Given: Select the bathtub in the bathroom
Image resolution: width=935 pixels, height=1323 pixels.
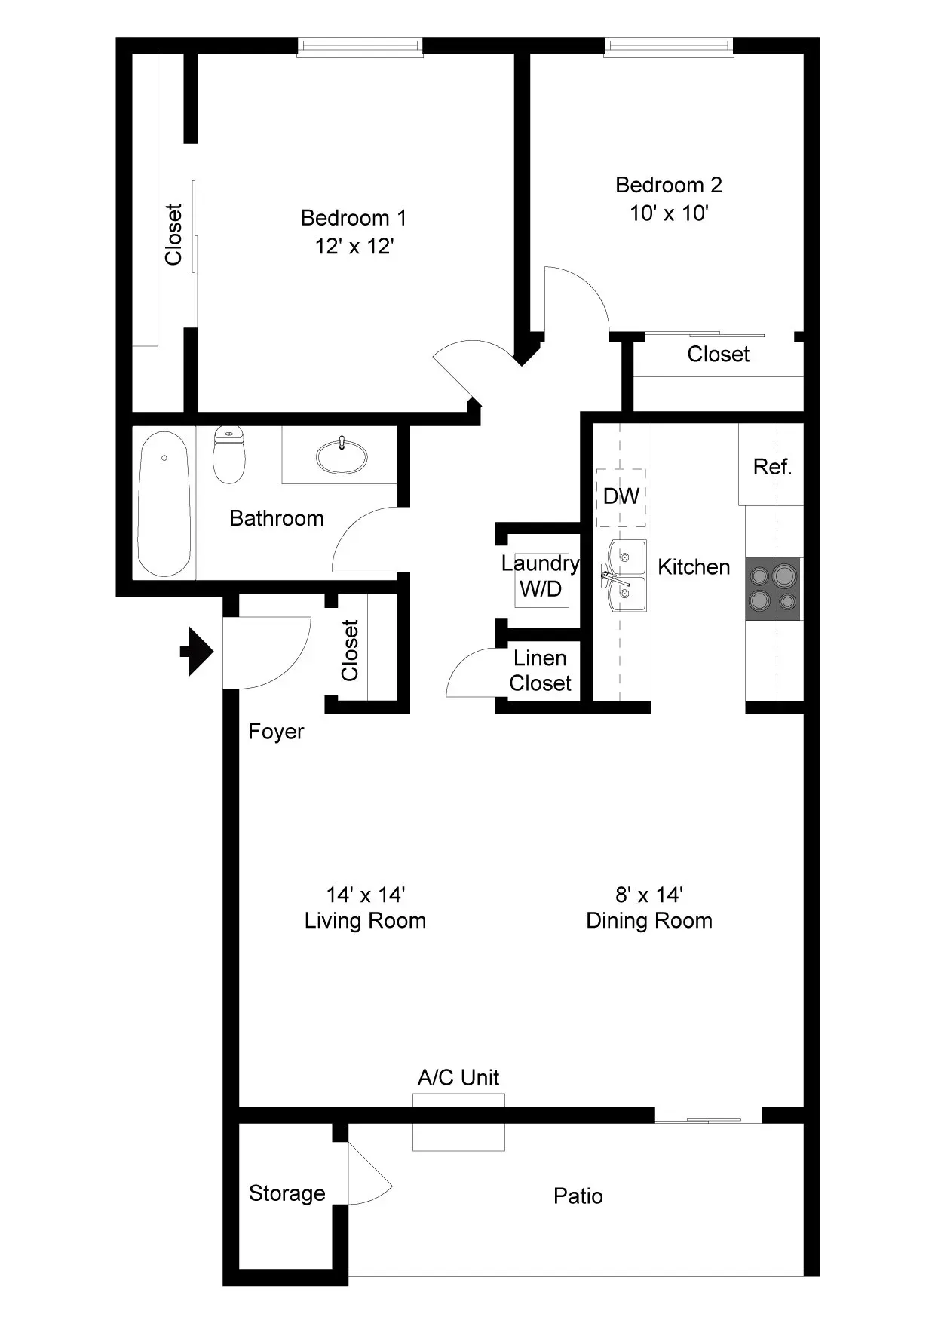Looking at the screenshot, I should point(164,503).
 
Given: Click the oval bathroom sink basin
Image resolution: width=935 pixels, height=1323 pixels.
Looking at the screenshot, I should point(342,456).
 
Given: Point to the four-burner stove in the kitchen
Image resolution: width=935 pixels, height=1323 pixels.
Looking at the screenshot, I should point(773,589).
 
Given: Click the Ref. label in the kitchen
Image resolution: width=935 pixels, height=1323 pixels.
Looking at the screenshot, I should point(772,467).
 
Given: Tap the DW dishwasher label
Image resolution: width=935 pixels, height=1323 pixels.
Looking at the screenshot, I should point(621,496).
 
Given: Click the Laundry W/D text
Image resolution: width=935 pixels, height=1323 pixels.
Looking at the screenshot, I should point(541,576).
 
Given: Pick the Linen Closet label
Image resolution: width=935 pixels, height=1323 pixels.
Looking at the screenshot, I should point(540,671).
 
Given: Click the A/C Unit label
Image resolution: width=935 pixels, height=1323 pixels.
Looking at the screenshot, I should point(458,1077).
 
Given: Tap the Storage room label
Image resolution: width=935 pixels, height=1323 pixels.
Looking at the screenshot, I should point(287,1193).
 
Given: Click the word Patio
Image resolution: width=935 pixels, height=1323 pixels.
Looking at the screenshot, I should point(578,1196).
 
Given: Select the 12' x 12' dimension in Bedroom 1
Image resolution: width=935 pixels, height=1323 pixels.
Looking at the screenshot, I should point(354,247).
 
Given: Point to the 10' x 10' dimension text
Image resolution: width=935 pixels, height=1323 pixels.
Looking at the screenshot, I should point(669,213).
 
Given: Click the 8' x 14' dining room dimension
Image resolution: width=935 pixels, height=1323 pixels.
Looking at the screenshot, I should point(649,895).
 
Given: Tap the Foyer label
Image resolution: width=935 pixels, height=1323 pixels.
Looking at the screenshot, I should point(276,732).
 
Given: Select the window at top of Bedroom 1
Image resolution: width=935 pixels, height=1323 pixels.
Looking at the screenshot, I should point(360,47).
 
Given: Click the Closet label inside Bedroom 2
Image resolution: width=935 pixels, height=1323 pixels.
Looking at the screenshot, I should point(718,354).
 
